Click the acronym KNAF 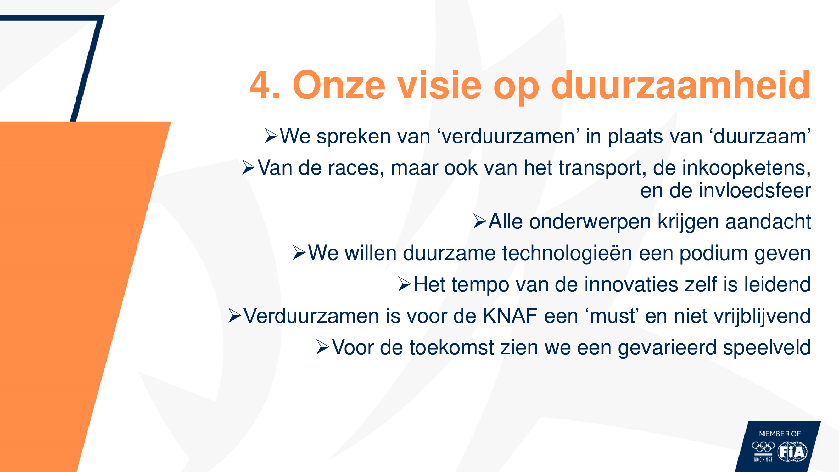pos(510,316)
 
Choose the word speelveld pos(767,348)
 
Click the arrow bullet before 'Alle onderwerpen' pos(480,222)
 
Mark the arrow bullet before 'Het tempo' pos(405,284)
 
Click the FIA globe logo pos(792,452)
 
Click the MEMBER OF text pos(780,434)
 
